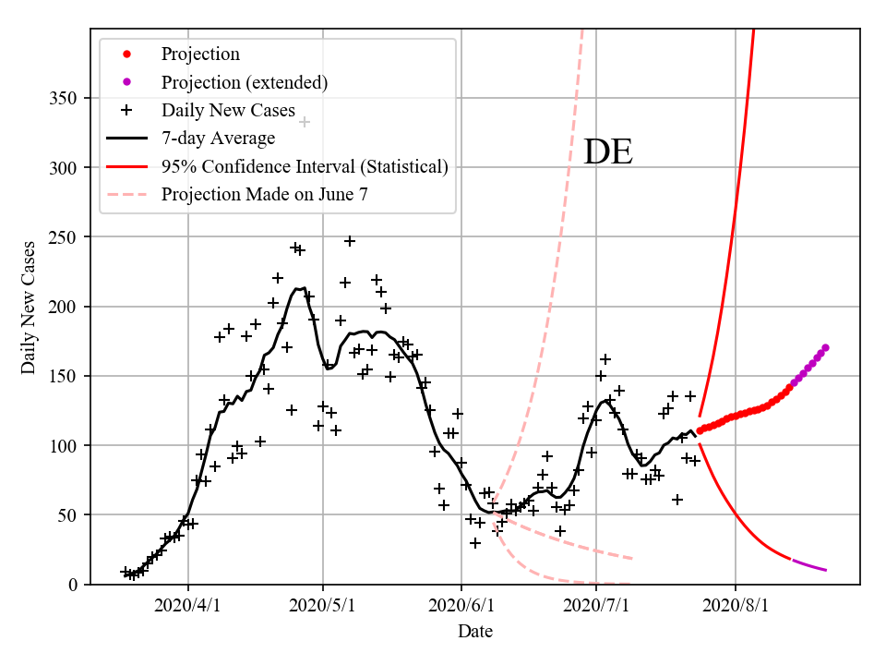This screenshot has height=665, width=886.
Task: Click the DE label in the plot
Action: pyautogui.click(x=608, y=152)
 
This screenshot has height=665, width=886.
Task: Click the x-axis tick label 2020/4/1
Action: pyautogui.click(x=188, y=607)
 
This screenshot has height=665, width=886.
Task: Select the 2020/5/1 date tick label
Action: pyautogui.click(x=323, y=607)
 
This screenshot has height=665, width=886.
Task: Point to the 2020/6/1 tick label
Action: pyautogui.click(x=462, y=607)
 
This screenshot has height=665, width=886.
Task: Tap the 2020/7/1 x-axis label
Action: pyautogui.click(x=597, y=607)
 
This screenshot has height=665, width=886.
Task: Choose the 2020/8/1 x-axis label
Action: pyautogui.click(x=736, y=607)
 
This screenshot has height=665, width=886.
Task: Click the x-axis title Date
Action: pyautogui.click(x=475, y=633)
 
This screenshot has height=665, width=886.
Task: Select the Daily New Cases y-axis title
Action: pyautogui.click(x=30, y=307)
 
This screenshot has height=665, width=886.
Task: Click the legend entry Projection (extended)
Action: pyautogui.click(x=245, y=82)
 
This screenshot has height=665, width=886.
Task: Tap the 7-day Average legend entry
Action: pyautogui.click(x=218, y=139)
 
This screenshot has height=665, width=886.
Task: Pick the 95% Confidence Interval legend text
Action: pyautogui.click(x=305, y=167)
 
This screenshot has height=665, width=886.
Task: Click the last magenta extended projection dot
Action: pyautogui.click(x=825, y=347)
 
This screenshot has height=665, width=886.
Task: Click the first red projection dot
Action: pyautogui.click(x=700, y=430)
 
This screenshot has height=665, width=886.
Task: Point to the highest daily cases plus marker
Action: pyautogui.click(x=305, y=122)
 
